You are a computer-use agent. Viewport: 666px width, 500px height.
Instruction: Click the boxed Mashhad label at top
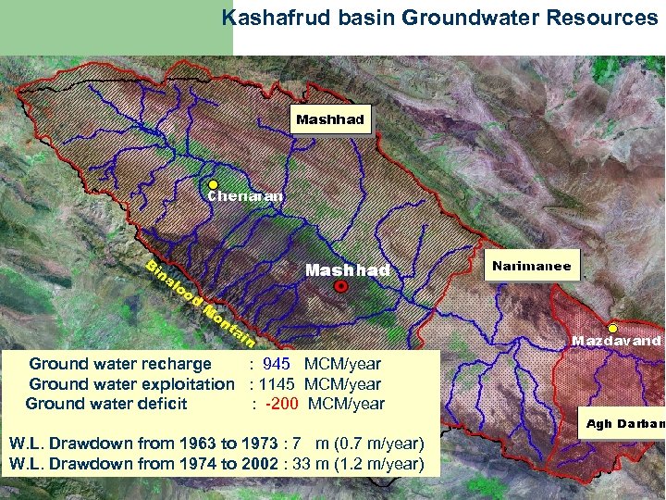point(330,119)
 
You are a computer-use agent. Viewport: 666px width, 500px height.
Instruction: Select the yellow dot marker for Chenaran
point(213,184)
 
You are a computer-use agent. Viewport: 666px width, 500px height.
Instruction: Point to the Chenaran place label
point(245,196)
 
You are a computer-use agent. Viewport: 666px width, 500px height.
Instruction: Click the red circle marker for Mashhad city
point(340,288)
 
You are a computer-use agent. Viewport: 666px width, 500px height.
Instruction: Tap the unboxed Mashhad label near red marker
point(347,270)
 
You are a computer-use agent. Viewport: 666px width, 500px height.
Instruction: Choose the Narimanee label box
point(532,267)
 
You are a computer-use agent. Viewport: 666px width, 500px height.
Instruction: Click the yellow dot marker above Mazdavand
point(612,328)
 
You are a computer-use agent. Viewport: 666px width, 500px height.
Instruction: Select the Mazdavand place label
point(616,342)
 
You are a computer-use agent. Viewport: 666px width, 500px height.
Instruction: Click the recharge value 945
point(277,364)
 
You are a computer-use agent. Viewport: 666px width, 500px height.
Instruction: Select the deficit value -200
point(282,404)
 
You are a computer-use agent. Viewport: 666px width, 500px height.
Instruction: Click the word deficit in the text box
point(163,404)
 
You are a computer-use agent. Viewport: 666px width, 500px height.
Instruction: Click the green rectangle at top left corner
point(116,28)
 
